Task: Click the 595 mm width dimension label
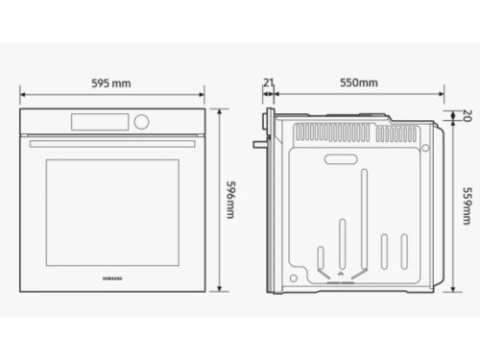pyautogui.click(x=112, y=84)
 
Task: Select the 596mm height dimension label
pyautogui.click(x=229, y=200)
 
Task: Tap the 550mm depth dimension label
pyautogui.click(x=358, y=84)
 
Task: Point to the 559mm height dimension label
pyautogui.click(x=468, y=204)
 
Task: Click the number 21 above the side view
pyautogui.click(x=269, y=84)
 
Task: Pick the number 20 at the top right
pyautogui.click(x=468, y=118)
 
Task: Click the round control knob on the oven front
pyautogui.click(x=143, y=122)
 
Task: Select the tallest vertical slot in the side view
pyautogui.click(x=366, y=221)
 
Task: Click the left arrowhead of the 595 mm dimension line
pyautogui.click(x=23, y=95)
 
